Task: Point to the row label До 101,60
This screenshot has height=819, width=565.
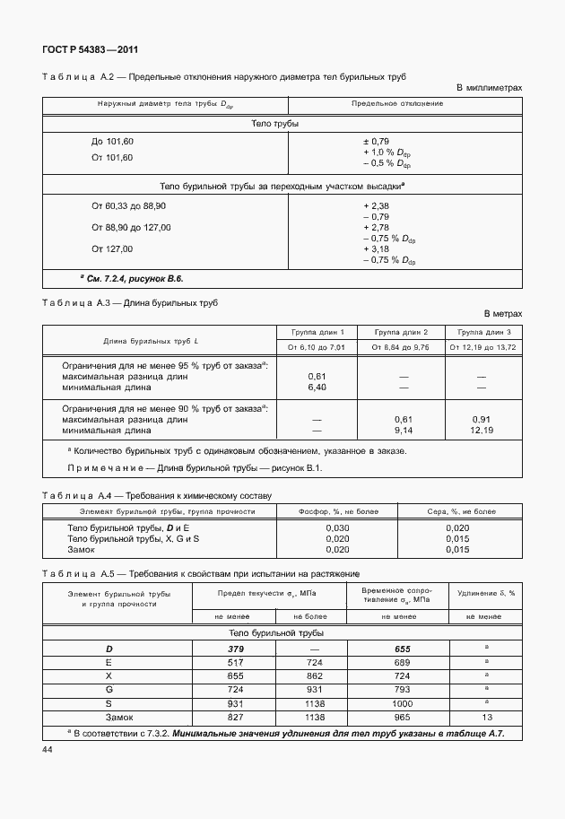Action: coord(112,142)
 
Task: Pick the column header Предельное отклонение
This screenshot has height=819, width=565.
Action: coord(404,104)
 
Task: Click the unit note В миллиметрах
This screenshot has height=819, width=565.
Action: coord(489,88)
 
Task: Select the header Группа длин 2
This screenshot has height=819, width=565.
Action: coord(401,331)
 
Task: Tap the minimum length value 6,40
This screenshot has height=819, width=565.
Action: coord(317,388)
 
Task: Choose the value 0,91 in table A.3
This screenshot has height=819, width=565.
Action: coord(482,419)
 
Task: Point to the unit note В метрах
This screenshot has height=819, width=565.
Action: coord(502,314)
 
